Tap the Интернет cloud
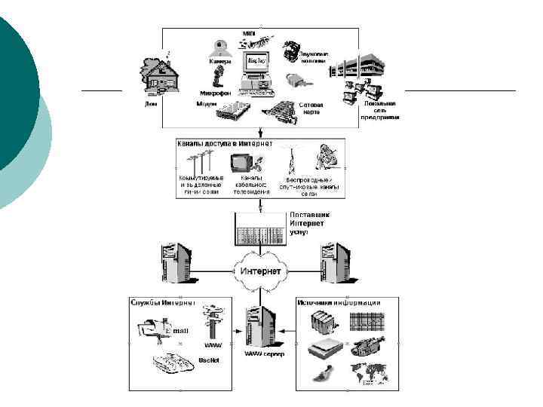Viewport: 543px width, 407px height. (259, 270)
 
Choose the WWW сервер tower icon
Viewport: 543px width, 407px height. (259, 325)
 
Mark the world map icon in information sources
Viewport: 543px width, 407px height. (368, 373)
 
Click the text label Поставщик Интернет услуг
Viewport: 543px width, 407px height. (309, 223)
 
